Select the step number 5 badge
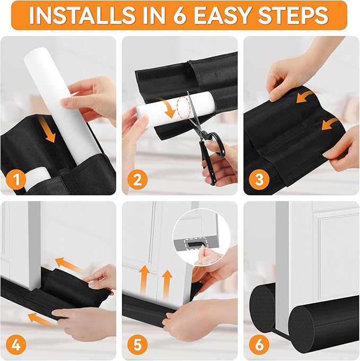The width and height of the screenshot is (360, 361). coord(137,345)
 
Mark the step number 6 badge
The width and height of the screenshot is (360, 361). coord(259,345)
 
